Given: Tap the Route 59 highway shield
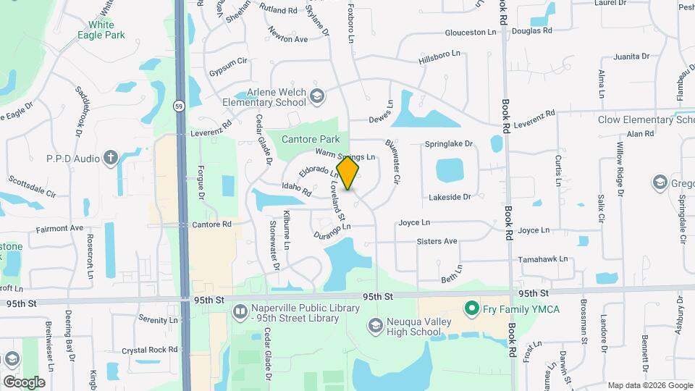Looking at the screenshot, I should pos(178,106).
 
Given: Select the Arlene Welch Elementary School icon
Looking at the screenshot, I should pos(316,96).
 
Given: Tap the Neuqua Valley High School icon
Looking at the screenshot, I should pos(374,325).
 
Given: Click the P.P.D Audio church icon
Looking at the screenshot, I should pos(110,158).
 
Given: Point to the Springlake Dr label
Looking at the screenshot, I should pos(448,144).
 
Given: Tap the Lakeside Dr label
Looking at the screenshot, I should pos(450,196).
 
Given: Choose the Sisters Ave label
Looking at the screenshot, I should pos(437,241).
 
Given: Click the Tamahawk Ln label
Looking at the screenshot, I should pos(542,258).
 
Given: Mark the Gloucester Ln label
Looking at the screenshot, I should pos(470,33).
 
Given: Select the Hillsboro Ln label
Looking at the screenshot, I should pos(439,55).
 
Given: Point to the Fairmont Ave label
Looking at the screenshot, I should pos(59,228).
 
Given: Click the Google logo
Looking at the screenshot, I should pos(24,382).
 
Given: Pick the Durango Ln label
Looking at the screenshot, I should pos(332,231).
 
